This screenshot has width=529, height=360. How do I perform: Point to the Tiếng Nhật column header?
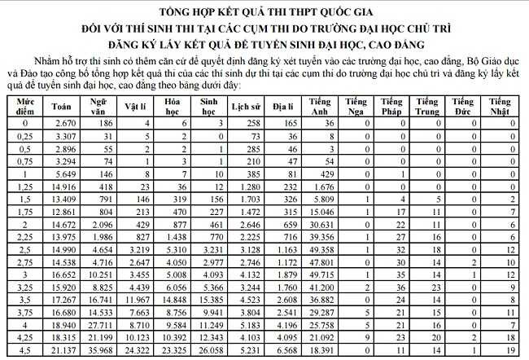click(x=500, y=106)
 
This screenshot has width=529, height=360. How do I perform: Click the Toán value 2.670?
click(x=64, y=122)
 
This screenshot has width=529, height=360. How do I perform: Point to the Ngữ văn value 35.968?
click(x=103, y=352)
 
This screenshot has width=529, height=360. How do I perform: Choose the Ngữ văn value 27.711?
click(x=103, y=326)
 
